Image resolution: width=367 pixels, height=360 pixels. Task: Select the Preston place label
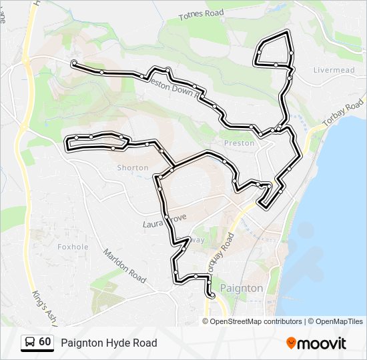coord(239,143)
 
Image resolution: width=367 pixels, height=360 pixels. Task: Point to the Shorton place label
coord(133,168)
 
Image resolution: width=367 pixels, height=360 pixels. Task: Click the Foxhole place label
coord(73,246)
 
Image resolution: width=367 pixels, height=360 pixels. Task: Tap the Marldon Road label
coord(124,266)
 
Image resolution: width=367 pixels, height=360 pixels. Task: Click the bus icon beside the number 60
coord(30,342)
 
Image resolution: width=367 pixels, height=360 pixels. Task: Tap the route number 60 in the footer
coord(45,342)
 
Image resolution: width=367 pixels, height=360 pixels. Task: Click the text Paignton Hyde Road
coord(109,343)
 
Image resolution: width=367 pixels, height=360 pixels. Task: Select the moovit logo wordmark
coord(322,343)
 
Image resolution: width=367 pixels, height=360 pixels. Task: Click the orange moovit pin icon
coord(291,343)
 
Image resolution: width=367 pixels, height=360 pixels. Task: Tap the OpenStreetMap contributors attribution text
coord(256,321)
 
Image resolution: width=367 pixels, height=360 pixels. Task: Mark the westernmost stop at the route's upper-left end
coord(73,64)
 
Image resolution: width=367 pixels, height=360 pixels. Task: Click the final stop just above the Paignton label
coord(210,294)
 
